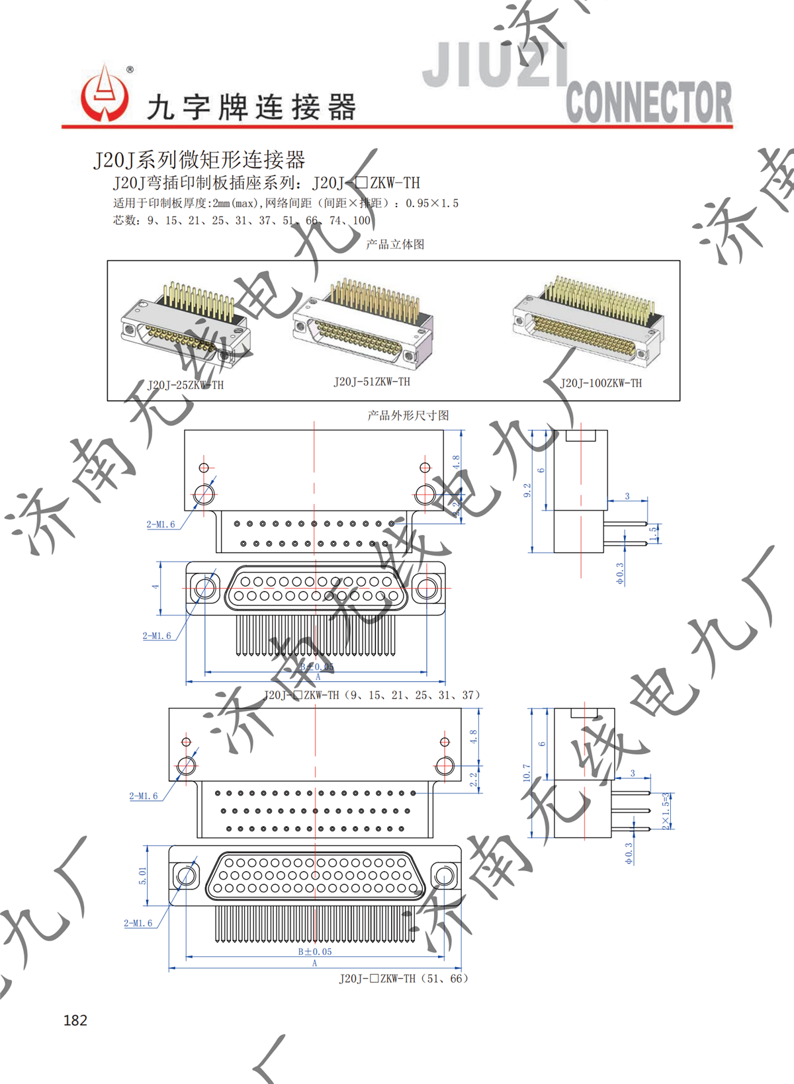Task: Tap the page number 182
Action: [x=75, y=1020]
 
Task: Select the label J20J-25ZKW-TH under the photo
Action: [x=185, y=385]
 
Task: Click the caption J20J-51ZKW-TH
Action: [x=372, y=382]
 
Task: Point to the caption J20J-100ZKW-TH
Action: [x=601, y=383]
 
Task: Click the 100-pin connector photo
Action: [x=588, y=319]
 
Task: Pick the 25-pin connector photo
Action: [x=185, y=324]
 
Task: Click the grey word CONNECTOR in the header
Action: [x=648, y=103]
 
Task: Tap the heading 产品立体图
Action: [x=395, y=244]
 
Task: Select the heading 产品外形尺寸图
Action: [x=408, y=415]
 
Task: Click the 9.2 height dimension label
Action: [x=527, y=490]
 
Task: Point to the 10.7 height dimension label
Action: [x=527, y=772]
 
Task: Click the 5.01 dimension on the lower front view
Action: [x=143, y=876]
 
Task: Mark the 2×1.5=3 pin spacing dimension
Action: [x=666, y=811]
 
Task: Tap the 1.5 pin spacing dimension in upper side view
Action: [x=654, y=533]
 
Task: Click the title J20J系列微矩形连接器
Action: [x=199, y=159]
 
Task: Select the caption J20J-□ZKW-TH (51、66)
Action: [x=404, y=978]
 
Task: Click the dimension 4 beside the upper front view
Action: [x=155, y=586]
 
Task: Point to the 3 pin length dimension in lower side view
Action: [x=633, y=773]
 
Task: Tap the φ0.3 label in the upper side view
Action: [x=620, y=573]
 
